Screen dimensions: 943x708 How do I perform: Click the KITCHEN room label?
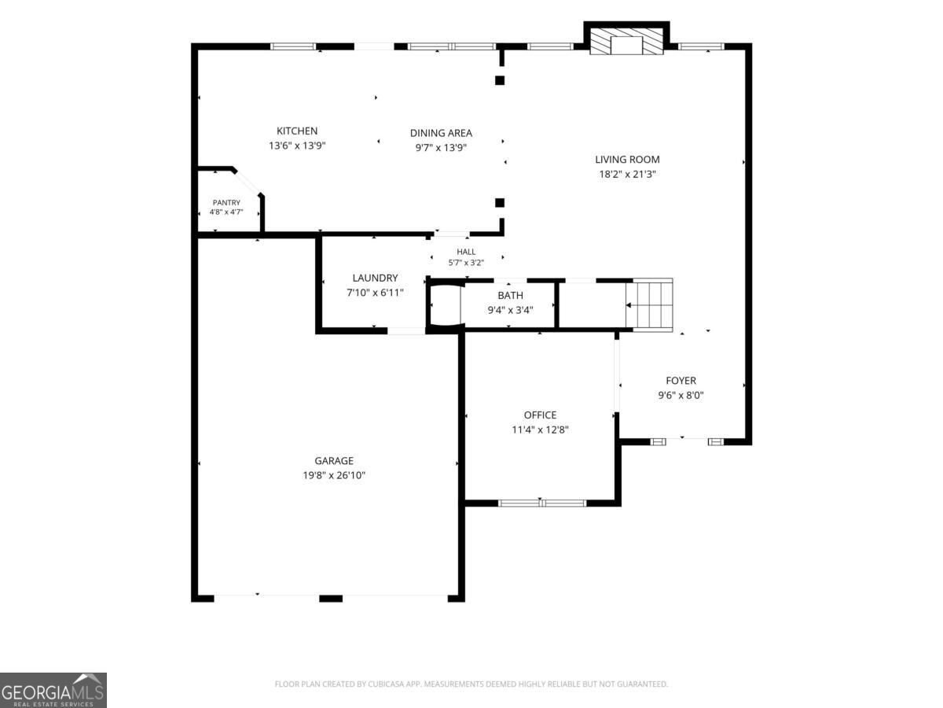pos(297,131)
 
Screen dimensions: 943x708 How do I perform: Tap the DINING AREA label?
pos(441,133)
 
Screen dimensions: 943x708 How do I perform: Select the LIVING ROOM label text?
pos(627,160)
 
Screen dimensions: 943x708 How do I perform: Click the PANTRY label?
pos(226,202)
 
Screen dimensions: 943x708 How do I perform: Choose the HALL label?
pos(466,252)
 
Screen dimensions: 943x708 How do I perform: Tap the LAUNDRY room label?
pos(375,278)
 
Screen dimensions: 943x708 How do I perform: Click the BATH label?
pos(510,295)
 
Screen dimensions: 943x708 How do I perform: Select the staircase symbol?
pos(649,305)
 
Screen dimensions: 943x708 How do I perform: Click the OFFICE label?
pos(540,415)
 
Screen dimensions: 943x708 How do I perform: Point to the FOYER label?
pos(681,381)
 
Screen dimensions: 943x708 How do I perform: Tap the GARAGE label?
pos(334,461)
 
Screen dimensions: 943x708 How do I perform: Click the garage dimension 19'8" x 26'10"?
pos(334,475)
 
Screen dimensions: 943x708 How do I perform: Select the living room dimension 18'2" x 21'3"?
pos(627,174)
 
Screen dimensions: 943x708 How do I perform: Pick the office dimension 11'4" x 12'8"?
pos(540,430)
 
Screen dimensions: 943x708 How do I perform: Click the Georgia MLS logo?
pos(53,690)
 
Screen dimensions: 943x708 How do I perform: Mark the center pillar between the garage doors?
pos(331,599)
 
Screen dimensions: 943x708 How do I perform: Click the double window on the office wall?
pos(542,503)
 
